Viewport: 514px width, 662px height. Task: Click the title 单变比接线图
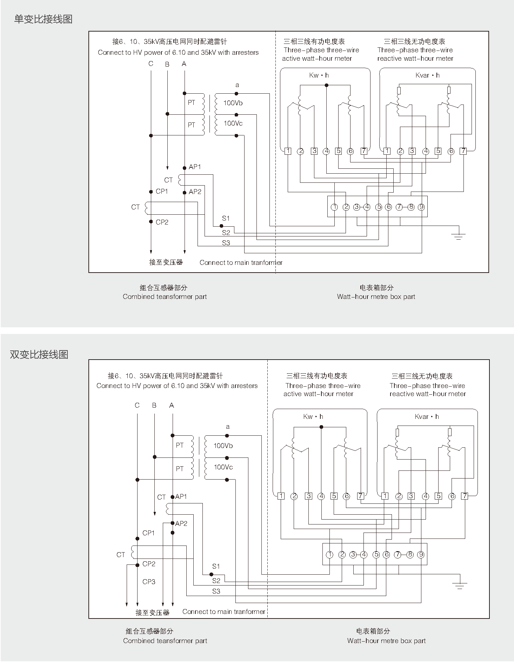tap(43, 19)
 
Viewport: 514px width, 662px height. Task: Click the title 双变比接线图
tap(39, 354)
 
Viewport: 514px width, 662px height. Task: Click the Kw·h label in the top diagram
tap(319, 75)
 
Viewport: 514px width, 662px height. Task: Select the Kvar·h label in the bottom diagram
tap(427, 416)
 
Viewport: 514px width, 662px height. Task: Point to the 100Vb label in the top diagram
tap(233, 103)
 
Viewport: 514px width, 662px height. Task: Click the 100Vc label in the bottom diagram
tap(223, 467)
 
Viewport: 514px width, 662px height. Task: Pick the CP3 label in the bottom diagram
tap(149, 581)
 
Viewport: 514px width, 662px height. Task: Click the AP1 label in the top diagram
tap(195, 167)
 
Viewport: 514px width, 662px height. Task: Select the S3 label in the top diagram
tap(226, 243)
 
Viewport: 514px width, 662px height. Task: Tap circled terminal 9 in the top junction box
tap(421, 207)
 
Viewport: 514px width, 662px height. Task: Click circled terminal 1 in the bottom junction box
tap(329, 555)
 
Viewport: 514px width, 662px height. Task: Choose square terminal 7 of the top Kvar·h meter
tap(463, 151)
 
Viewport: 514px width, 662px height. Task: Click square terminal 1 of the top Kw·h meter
tap(288, 151)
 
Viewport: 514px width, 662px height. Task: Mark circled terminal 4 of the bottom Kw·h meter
tap(321, 496)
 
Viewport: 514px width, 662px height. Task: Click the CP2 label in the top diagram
tap(162, 222)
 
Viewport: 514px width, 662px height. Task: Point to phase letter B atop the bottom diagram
tap(154, 405)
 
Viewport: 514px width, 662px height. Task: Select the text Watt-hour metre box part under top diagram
tap(376, 296)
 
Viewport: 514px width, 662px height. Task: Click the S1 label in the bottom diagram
tap(216, 566)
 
